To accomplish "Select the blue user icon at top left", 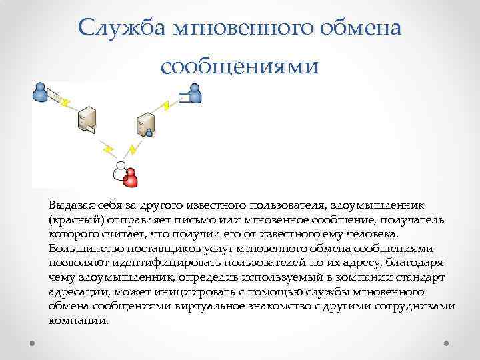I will pyautogui.click(x=41, y=92).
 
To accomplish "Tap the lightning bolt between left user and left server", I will pyautogui.click(x=66, y=102).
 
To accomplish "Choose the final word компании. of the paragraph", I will pyautogui.click(x=78, y=321).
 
